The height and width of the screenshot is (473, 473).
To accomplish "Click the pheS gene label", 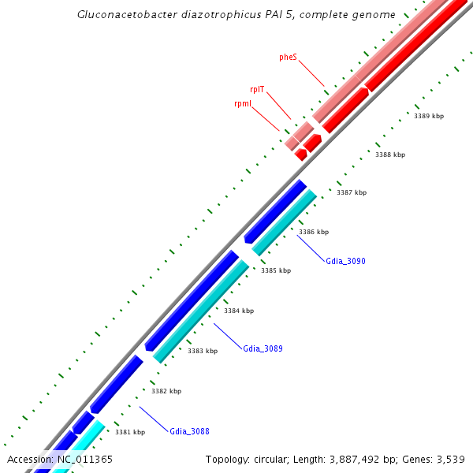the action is (x=288, y=58).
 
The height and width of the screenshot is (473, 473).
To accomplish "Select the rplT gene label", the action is (x=257, y=89).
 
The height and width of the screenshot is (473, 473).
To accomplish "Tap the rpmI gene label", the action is (x=243, y=104).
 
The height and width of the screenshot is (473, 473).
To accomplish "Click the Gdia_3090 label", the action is (x=345, y=261).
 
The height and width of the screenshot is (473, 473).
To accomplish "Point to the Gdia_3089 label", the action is (x=263, y=348).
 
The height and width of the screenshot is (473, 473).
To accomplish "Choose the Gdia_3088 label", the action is (x=189, y=431).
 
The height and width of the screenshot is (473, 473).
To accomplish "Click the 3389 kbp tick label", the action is (x=429, y=116).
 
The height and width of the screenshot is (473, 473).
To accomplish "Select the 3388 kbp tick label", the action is (x=390, y=155).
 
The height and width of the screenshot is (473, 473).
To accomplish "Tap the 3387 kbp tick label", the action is (x=352, y=192).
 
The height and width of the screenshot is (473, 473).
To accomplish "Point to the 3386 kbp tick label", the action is (x=314, y=232).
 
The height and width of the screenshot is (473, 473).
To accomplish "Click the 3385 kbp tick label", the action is (x=276, y=270).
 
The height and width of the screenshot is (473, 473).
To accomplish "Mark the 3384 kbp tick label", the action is (x=239, y=311).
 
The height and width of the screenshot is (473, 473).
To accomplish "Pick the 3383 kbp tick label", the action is (x=203, y=351).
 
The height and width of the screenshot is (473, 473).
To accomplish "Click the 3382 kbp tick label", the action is (x=166, y=391).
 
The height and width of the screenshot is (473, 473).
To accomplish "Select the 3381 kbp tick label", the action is (x=130, y=432).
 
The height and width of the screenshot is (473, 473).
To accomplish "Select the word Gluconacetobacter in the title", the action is (x=126, y=15).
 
